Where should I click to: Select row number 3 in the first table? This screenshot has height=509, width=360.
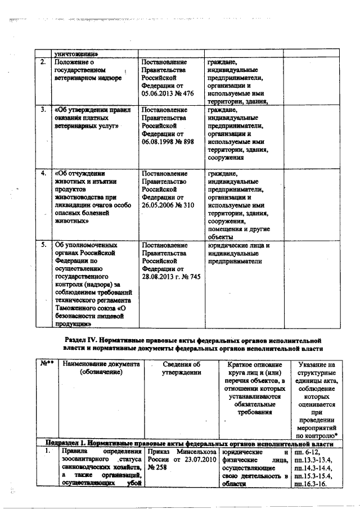point(43,110)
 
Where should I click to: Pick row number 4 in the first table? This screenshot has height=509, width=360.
point(43,173)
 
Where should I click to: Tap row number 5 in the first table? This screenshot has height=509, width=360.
point(43,245)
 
